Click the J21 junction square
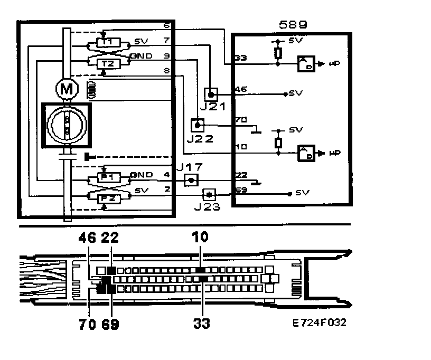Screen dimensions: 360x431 click(211, 94)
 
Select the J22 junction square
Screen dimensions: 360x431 click(196, 125)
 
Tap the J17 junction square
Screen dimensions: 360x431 click(191, 181)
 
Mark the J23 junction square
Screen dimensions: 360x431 click(210, 194)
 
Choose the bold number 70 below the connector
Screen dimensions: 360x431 click(89, 324)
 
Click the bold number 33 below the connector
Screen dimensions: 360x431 click(201, 324)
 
